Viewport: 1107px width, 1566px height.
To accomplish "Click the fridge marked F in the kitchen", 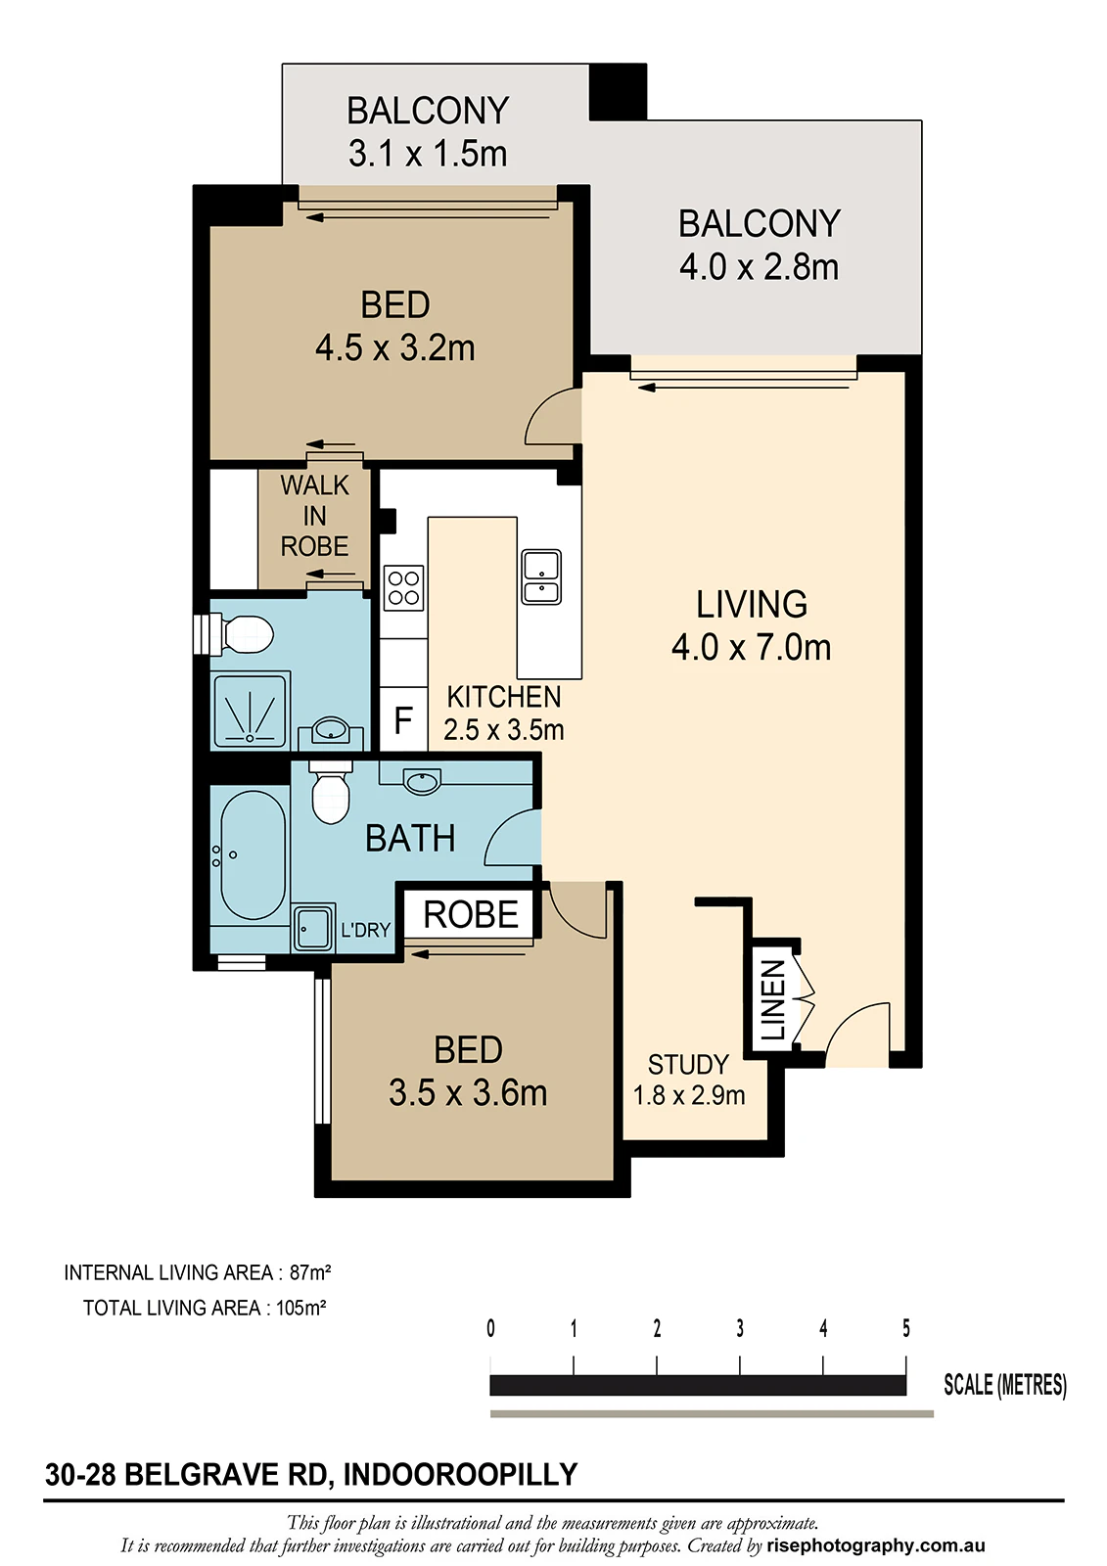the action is (x=403, y=719).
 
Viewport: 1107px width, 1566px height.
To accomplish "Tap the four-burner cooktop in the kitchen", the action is (x=403, y=588).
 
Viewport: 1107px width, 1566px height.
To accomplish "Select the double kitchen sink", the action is (x=541, y=576).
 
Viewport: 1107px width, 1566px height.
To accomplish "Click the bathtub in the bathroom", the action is (x=253, y=855).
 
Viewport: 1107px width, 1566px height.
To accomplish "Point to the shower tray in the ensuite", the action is (x=251, y=710).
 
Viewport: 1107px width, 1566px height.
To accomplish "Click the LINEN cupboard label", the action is (x=772, y=999).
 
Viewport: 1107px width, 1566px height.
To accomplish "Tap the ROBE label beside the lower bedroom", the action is (x=471, y=914).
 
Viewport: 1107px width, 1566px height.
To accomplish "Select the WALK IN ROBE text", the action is (x=315, y=516).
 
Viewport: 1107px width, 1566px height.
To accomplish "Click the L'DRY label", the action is (x=366, y=930).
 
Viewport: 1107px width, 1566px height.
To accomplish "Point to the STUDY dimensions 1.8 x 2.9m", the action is (x=689, y=1095).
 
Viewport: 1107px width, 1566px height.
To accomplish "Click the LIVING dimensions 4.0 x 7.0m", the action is (x=751, y=648).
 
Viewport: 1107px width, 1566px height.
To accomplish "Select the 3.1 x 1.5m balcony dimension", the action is (x=428, y=154).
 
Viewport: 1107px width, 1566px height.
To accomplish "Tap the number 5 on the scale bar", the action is (x=906, y=1328).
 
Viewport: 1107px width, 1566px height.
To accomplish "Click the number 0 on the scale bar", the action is (x=491, y=1328).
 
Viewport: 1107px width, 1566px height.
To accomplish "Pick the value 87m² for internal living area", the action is (x=310, y=1272).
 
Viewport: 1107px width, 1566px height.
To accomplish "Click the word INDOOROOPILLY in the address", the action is (x=461, y=1474).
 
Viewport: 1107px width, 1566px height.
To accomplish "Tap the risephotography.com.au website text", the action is (x=876, y=1545).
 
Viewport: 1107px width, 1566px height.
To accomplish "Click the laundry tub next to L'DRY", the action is (x=312, y=929).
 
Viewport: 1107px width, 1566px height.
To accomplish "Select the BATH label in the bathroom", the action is (x=410, y=838).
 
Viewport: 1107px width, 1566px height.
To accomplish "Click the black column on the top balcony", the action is (x=619, y=92).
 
